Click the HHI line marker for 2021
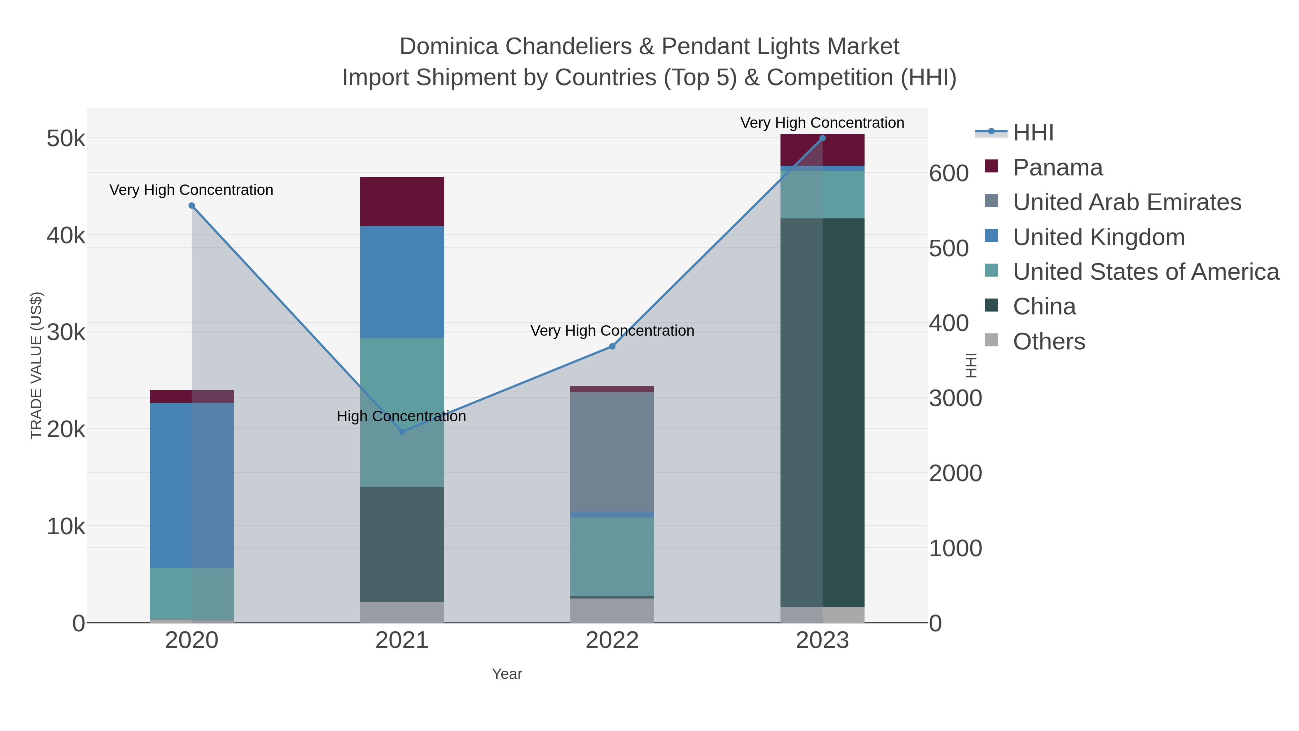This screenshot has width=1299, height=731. click(x=402, y=432)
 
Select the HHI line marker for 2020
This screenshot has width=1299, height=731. click(x=192, y=206)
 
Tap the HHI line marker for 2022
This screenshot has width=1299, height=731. click(x=612, y=347)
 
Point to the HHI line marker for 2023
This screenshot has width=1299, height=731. click(x=822, y=138)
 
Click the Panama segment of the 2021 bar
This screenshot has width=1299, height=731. click(x=402, y=202)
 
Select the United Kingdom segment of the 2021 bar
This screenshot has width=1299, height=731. click(x=402, y=282)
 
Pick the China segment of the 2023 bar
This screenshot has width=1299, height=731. click(x=822, y=412)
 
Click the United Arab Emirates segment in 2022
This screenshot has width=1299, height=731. click(x=612, y=452)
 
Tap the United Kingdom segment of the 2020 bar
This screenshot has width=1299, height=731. click(x=192, y=485)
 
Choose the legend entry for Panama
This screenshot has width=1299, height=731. click(x=1058, y=167)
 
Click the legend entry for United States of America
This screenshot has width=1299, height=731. click(x=1146, y=272)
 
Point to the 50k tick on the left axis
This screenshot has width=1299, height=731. click(x=66, y=139)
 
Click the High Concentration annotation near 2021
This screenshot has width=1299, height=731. click(x=401, y=416)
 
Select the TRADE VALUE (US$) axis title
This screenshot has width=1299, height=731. click(x=36, y=366)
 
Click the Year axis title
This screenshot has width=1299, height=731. click(x=507, y=674)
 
